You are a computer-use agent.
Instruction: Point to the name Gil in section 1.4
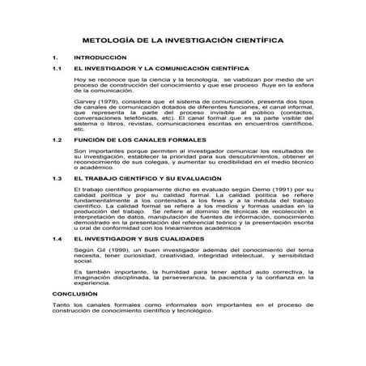click(x=99, y=251)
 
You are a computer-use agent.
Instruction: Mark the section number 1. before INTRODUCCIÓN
click(x=54, y=58)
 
